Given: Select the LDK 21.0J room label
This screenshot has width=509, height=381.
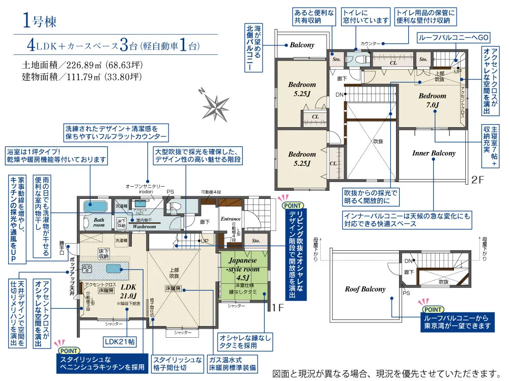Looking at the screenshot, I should tap(128, 291).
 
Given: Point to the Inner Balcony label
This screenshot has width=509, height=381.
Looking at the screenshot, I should tap(433, 153).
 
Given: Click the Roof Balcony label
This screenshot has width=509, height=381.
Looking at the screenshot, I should tap(365, 289).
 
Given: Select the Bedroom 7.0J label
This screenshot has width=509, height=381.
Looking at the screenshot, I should tap(432, 100).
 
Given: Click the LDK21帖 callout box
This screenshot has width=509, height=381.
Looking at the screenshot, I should tap(120, 341).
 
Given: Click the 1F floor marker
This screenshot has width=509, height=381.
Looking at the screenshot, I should tap(277, 307).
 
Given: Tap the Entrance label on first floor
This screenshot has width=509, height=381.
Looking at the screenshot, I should tap(231, 219).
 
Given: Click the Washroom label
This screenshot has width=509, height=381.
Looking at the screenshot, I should tap(144, 226).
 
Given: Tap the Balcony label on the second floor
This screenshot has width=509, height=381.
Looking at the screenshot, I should tap(302, 45).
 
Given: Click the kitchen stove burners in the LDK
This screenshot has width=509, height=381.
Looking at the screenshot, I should tap(85, 268).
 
